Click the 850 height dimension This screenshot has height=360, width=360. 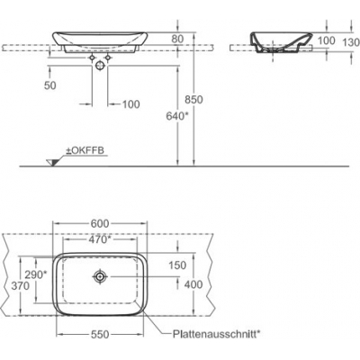[x=193, y=99]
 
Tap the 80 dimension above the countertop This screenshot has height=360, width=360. [x=177, y=39]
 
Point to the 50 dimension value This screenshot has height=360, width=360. [x=50, y=85]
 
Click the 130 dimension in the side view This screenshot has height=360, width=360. [x=351, y=42]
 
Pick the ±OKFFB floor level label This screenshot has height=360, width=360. [x=85, y=150]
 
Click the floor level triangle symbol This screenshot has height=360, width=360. [x=52, y=163]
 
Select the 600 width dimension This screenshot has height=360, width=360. [x=100, y=223]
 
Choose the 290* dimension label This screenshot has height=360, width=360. [x=36, y=274]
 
